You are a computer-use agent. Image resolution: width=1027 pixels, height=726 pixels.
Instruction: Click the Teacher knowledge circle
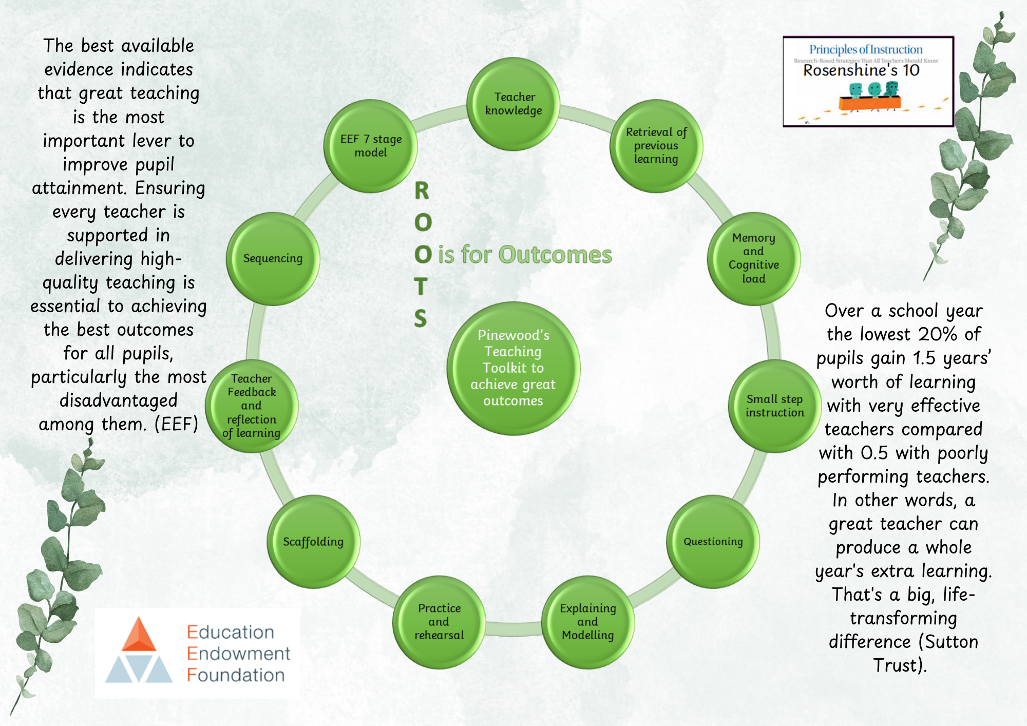513,104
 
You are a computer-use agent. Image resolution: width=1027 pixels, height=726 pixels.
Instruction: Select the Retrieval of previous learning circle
656,146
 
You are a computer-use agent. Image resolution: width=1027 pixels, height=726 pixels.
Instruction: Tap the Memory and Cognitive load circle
754,259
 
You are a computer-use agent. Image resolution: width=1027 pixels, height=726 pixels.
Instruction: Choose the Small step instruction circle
775,406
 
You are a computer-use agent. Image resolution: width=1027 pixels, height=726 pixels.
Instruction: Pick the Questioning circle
713,542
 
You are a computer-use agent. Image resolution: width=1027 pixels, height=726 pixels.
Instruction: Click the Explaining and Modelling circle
588,622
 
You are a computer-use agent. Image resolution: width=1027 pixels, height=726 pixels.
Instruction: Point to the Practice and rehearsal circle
439,622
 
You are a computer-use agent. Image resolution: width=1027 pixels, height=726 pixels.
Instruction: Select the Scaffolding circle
313,542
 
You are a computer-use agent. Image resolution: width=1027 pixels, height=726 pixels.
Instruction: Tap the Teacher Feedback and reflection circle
252,406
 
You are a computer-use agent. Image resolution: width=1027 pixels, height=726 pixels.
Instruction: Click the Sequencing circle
273,259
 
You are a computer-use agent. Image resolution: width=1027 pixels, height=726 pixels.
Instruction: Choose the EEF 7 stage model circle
370,146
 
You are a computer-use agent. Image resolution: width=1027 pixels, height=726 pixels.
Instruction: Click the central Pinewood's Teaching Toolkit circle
513,369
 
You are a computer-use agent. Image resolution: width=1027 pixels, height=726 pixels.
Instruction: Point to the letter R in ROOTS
422,191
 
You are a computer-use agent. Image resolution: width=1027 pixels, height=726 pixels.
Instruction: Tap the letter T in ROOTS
421,286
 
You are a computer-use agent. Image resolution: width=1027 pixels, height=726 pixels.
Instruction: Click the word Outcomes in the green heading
555,255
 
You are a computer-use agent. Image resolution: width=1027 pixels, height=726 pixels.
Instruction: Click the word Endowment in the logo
239,654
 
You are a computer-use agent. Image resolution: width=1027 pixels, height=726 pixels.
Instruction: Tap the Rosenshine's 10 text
861,70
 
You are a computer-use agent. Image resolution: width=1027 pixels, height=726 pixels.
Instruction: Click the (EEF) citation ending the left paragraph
177,425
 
